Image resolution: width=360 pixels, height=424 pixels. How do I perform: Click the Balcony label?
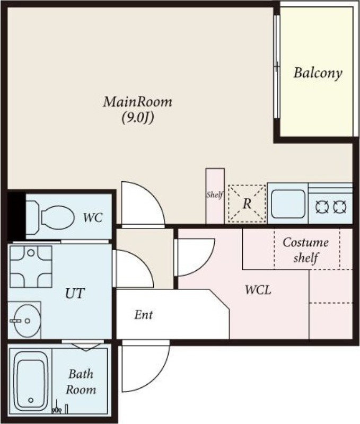tap(318, 73)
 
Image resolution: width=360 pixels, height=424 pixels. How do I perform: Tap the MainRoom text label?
tap(137, 102)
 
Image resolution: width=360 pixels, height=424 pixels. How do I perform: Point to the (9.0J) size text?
tap(138, 118)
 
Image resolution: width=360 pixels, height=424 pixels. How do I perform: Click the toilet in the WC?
tap(50, 217)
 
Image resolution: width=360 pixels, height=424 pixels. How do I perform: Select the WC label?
tap(93, 218)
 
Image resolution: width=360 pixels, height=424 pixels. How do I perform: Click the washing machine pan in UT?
tap(31, 267)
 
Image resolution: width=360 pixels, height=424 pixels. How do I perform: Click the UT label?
tap(75, 294)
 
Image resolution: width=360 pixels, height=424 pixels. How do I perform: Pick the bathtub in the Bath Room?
tap(31, 381)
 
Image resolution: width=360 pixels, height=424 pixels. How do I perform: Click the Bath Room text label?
tap(81, 382)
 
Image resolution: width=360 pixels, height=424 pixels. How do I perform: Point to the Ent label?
tap(143, 315)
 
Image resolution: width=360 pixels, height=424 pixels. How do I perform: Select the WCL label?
tap(258, 290)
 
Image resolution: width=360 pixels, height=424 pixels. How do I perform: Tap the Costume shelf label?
tap(305, 250)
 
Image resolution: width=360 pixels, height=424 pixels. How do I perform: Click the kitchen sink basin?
tap(288, 204)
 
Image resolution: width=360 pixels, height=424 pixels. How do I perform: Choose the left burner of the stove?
tap(322, 207)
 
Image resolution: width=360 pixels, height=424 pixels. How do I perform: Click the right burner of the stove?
tap(340, 207)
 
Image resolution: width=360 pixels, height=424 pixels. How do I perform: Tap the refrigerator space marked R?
tap(247, 204)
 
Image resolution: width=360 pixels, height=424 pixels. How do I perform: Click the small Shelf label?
tap(215, 195)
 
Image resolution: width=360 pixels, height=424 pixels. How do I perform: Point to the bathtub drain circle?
tap(31, 400)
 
